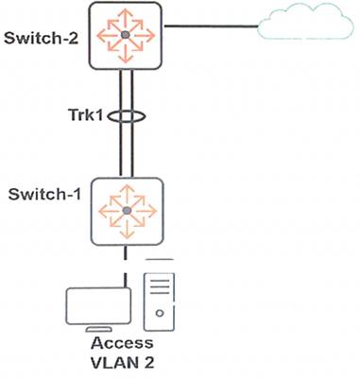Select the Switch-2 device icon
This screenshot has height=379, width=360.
click(x=125, y=35)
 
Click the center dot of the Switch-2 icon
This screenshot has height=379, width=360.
click(x=125, y=35)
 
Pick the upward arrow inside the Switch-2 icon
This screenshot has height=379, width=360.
click(x=125, y=16)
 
